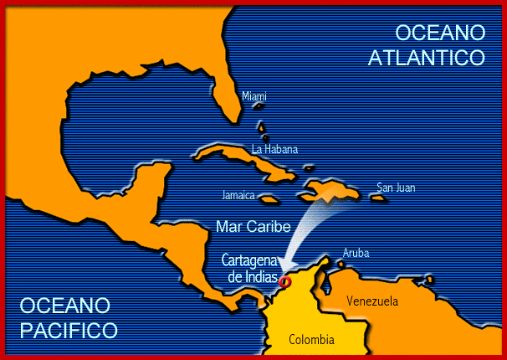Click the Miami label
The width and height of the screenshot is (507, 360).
point(254,97)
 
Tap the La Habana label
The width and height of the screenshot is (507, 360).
point(274,150)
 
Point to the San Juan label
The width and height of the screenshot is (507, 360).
point(395,188)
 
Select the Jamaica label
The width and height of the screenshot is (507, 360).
point(239,195)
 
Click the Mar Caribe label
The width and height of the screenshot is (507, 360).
point(253,226)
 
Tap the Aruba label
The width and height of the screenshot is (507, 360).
point(356,253)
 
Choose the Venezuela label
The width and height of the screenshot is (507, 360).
point(372,301)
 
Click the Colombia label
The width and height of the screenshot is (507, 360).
point(311,339)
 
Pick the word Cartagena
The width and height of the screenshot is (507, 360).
point(250,260)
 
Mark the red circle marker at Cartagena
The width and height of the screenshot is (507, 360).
point(284,282)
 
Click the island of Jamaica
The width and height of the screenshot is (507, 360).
point(269,199)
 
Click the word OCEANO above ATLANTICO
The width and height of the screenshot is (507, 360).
point(440,33)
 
